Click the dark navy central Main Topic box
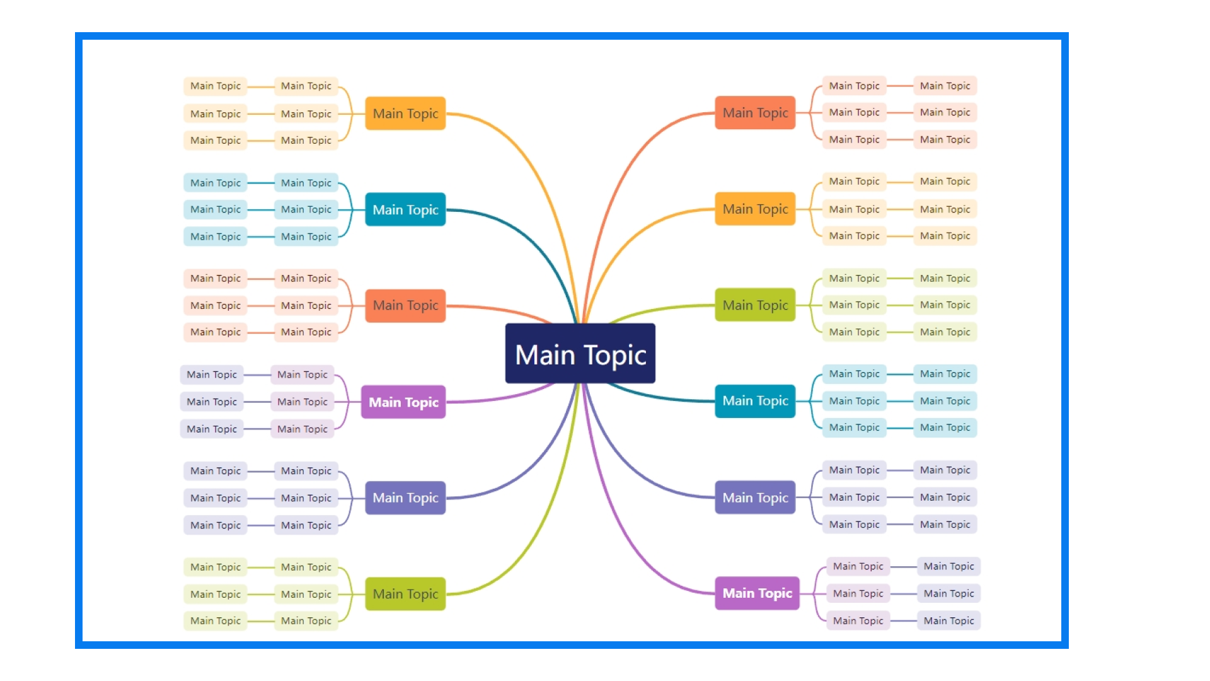point(580,353)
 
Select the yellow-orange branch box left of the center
point(405,113)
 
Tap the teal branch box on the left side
point(405,209)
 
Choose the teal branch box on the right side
point(755,401)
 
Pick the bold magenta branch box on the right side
point(757,593)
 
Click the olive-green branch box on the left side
point(405,594)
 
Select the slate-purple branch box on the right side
point(755,498)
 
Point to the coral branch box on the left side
point(405,306)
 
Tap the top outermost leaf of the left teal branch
point(215,183)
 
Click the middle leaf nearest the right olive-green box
point(854,305)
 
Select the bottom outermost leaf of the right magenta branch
point(948,621)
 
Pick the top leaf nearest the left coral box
point(306,279)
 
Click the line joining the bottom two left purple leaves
point(260,525)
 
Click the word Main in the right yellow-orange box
point(737,209)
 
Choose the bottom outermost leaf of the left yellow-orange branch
point(215,141)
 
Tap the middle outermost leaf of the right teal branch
point(945,401)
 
